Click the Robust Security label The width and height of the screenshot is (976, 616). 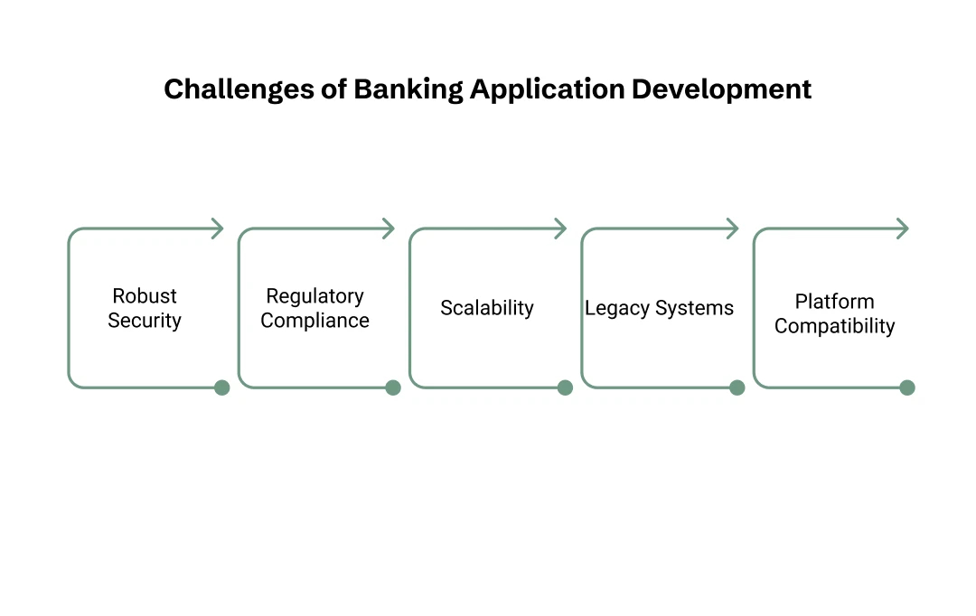coord(145,308)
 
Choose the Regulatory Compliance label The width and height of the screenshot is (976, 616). coord(314,308)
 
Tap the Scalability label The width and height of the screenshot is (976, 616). coord(487,308)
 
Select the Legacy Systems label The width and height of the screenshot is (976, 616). coord(659,308)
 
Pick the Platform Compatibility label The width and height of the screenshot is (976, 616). coord(834,313)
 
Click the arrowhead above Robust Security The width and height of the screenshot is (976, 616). coord(218,229)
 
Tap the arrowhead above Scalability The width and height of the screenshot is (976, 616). coord(561,229)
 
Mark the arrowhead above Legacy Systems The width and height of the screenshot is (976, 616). coord(733,229)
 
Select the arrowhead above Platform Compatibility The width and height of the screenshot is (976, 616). coord(903,229)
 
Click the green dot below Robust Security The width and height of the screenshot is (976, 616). coord(221,387)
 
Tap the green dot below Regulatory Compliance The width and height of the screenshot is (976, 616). coord(393,387)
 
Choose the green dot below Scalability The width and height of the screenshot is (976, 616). coord(565,387)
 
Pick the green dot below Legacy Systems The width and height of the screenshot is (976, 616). coord(737,387)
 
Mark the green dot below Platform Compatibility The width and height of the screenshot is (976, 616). coord(907,387)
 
